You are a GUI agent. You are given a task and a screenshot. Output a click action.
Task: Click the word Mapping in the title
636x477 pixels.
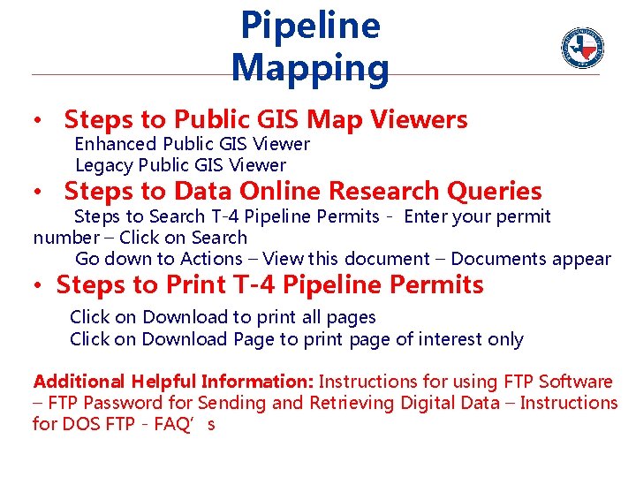(x=309, y=68)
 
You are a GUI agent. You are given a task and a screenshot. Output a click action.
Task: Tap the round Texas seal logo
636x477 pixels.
(x=582, y=47)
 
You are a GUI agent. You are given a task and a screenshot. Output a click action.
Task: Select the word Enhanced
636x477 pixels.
(x=116, y=144)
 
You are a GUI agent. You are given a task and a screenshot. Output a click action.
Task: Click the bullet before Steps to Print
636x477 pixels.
(x=41, y=286)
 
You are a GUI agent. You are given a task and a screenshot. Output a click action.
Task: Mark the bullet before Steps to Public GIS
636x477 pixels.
(x=39, y=120)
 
